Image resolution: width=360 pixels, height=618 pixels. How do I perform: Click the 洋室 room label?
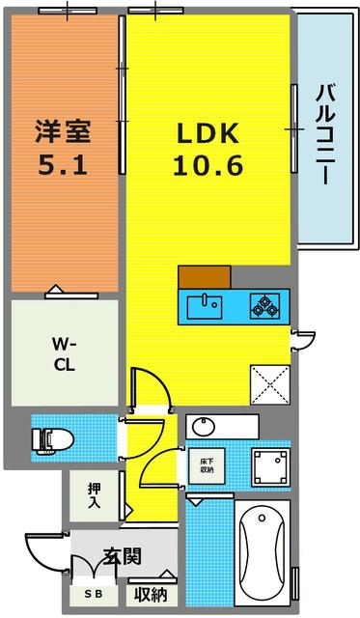63,128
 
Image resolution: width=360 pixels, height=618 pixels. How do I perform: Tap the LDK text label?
208,132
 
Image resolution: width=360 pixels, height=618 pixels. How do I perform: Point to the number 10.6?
208,165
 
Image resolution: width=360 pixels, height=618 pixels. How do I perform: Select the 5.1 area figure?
63,163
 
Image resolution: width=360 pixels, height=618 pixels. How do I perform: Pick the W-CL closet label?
63,353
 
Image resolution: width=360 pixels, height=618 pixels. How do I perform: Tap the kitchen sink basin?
204,306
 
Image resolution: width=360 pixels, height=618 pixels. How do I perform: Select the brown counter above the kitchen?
204,275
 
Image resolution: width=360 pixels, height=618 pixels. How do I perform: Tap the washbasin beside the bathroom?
205,427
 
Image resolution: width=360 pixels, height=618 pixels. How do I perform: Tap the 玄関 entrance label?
124,556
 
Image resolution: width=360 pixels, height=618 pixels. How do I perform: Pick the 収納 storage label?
151,595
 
